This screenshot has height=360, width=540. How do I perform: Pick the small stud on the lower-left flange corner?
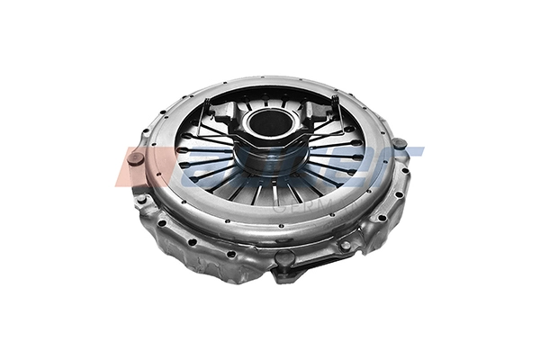(x=142, y=200)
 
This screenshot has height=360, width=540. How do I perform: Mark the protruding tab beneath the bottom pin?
(x=286, y=276)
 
